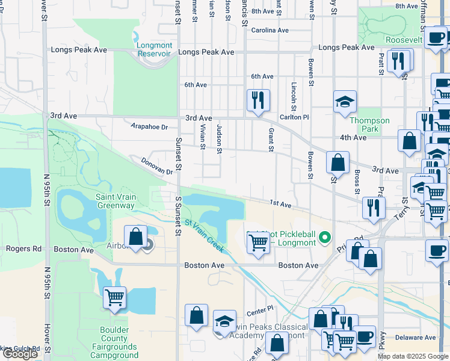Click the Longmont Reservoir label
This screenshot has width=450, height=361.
(155, 49)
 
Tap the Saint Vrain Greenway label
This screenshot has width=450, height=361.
(116, 201)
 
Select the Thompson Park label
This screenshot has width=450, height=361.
(369, 125)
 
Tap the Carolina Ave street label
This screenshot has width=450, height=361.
(270, 30)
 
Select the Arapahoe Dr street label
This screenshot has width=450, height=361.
(149, 126)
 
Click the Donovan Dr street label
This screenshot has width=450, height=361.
(157, 167)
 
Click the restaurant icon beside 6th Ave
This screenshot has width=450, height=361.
(258, 100)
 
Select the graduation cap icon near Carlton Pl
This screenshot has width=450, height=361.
(345, 102)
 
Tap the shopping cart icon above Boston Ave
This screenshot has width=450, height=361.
(258, 243)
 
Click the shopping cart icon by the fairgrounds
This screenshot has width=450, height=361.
(114, 297)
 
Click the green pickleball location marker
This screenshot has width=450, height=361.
(325, 238)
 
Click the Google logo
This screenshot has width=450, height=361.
(20, 354)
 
